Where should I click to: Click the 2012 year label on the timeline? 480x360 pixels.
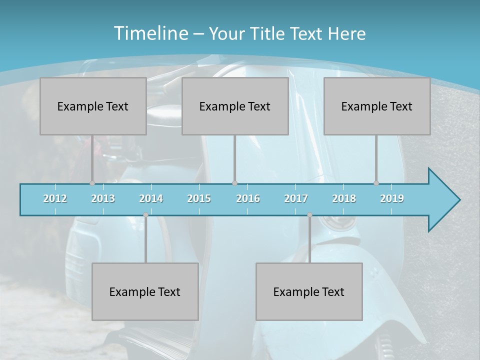click(55, 198)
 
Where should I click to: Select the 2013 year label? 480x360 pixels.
click(103, 198)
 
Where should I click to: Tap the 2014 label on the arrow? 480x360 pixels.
click(151, 198)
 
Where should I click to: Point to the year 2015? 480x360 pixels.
click(199, 198)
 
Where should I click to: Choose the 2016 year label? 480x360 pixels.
click(248, 198)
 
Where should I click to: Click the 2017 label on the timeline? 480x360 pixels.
click(296, 198)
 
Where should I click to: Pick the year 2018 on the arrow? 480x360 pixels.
click(344, 198)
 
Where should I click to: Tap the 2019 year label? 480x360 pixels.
click(392, 198)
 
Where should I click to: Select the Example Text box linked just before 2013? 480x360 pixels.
click(93, 106)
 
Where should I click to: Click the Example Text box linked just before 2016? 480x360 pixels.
click(235, 106)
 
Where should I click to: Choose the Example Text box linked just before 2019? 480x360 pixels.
click(377, 106)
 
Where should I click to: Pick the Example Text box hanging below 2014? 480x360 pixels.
click(145, 291)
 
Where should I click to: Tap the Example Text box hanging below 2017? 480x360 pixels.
click(309, 291)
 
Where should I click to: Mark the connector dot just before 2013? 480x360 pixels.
click(92, 183)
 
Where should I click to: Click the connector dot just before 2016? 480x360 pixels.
click(234, 183)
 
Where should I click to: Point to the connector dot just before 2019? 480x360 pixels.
click(376, 183)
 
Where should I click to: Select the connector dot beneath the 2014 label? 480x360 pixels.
click(145, 215)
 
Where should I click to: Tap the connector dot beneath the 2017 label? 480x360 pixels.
click(309, 215)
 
